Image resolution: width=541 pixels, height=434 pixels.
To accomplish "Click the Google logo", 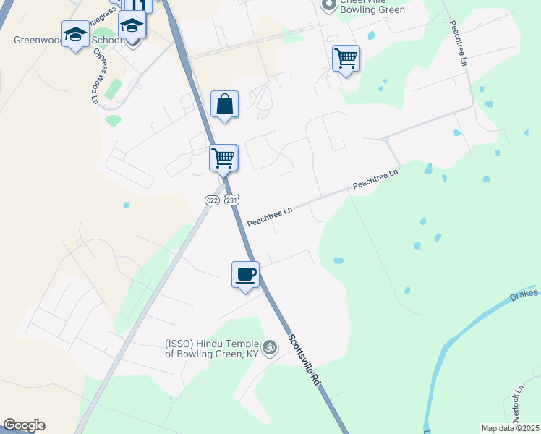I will coord(24,425).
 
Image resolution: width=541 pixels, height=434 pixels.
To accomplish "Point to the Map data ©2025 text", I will coord(510,428).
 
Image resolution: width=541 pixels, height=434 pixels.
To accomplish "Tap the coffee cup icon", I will coord(245,275).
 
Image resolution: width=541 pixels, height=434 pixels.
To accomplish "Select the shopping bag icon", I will coord(225,103).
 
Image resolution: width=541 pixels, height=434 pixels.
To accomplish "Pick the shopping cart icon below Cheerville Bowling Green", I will coord(346,58).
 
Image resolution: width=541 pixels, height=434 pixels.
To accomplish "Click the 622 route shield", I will coord(211,200).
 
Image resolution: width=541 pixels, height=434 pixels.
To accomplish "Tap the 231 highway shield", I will coord(231,200).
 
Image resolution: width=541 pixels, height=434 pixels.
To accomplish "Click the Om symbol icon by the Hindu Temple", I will coord(270,348).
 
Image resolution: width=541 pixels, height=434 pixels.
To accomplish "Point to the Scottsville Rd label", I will coord(304,359).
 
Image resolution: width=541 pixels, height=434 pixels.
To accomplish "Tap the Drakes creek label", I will coord(524,293).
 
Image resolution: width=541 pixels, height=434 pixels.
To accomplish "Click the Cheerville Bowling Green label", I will coord(372,9).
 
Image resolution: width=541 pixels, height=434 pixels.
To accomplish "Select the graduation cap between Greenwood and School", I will coord(75,35).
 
